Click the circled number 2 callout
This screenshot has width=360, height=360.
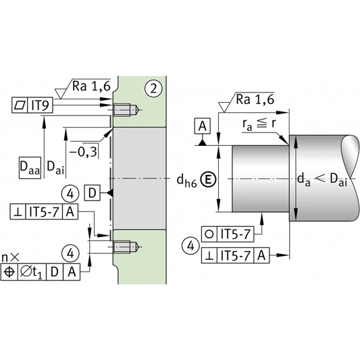coord(153,88)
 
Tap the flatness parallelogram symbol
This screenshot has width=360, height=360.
coord(20,105)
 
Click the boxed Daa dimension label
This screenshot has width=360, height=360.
coord(30,168)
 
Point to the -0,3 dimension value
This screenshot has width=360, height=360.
coord(83,152)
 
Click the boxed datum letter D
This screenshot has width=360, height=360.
coord(92,193)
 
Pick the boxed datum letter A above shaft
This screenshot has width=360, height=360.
coord(202,126)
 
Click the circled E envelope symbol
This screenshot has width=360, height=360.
coord(208,180)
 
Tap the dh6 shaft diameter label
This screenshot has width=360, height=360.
coord(186,181)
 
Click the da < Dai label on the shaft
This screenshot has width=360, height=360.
coord(322,180)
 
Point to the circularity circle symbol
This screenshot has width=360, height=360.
coord(209,234)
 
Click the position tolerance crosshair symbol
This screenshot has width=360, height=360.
coord(9,272)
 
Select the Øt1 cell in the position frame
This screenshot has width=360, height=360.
coord(32,272)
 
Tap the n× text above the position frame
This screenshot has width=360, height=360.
coord(10,257)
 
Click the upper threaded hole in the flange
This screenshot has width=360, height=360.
coord(126,110)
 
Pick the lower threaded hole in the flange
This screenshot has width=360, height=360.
coord(126,247)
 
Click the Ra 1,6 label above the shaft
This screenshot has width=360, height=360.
coord(255,100)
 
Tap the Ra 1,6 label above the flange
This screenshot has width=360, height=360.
coord(91,86)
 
